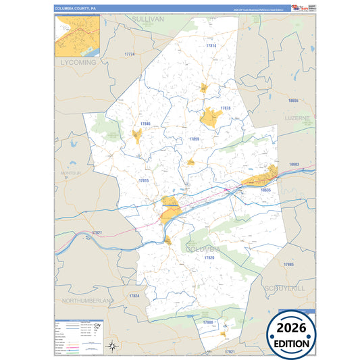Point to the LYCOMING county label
click(80, 62)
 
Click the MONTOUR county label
click(71, 173)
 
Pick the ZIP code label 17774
click(130, 54)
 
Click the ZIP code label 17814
click(211, 46)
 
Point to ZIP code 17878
click(225, 108)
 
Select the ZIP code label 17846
click(145, 124)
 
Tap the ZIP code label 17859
click(194, 138)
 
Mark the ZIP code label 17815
click(143, 181)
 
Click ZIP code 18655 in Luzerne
click(292, 101)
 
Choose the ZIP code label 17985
click(289, 264)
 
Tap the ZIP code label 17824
click(134, 296)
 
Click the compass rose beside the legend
click(111, 346)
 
